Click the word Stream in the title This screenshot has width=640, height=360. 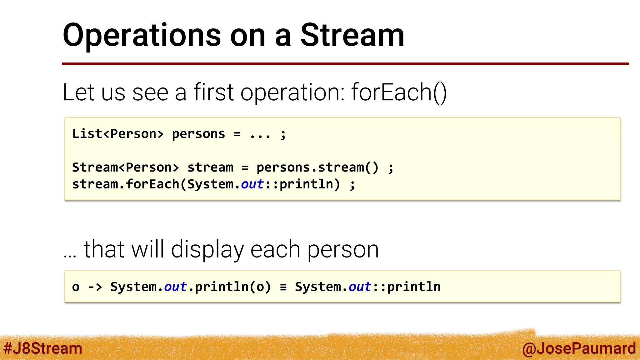[352, 35]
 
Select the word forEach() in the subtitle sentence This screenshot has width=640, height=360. [399, 92]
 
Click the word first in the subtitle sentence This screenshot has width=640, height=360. [213, 92]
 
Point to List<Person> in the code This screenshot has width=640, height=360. [118, 134]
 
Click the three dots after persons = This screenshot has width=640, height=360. [260, 135]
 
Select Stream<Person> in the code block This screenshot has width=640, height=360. [125, 167]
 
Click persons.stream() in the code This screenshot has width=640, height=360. [317, 167]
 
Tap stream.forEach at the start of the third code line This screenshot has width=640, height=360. [125, 184]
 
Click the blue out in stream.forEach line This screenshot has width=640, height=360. [252, 184]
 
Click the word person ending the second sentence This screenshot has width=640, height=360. [343, 250]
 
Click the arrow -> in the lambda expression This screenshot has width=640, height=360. [95, 287]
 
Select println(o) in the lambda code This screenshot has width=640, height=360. [233, 287]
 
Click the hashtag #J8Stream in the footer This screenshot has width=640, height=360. [43, 348]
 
